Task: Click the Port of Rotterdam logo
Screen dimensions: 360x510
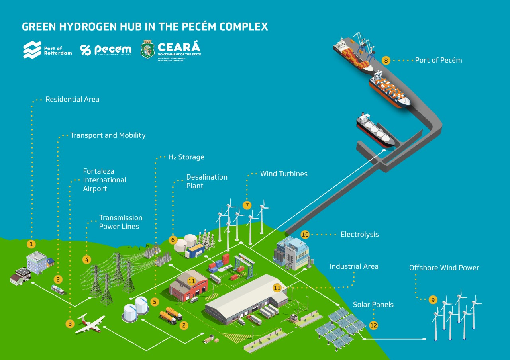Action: coord(47,50)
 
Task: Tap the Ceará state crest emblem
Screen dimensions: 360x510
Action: coord(148,50)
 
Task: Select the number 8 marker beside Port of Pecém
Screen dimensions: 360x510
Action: coord(386,61)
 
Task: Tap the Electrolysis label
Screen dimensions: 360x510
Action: coord(359,235)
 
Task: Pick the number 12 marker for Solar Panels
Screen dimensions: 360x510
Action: coord(373,325)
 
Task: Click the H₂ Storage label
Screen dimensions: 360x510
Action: coord(186,157)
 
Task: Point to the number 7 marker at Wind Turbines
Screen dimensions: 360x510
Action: coord(247,205)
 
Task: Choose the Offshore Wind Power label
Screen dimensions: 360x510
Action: coord(444,268)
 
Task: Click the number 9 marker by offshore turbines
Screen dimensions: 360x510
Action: coord(433,300)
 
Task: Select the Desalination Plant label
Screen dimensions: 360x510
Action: coord(207,181)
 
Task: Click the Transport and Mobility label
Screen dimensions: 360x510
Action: coord(108,135)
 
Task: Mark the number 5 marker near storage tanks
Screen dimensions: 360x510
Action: coord(155,301)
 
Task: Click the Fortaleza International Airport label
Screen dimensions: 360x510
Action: coord(104,180)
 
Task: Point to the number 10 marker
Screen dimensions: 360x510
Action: coord(305,235)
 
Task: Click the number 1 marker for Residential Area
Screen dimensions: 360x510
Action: coord(31,244)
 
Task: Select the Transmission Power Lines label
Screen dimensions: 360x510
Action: coord(120,222)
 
